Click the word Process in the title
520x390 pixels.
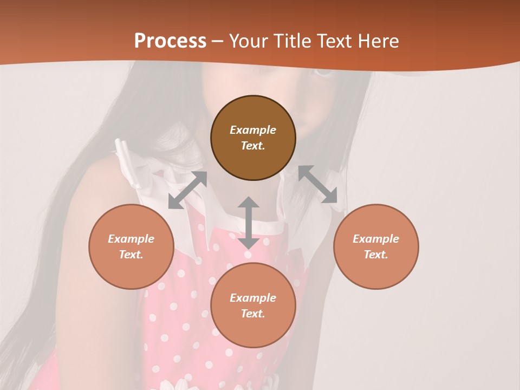[170, 41]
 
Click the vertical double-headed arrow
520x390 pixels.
[249, 223]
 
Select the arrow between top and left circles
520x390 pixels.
[187, 190]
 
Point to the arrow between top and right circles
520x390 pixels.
[317, 184]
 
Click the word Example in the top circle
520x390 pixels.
[253, 130]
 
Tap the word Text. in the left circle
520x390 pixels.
[131, 255]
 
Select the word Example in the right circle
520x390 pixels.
[376, 239]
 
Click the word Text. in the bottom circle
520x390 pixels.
[253, 314]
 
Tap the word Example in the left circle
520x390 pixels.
[131, 239]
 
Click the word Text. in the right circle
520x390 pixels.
[376, 255]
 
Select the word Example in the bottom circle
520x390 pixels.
[253, 298]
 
